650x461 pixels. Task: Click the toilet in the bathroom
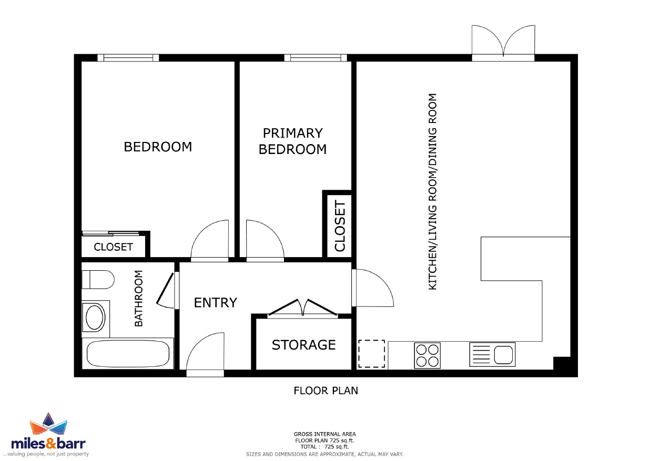[98, 280]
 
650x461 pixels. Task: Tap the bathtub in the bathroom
[128, 353]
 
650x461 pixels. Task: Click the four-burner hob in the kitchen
[427, 356]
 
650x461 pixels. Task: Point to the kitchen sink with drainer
[492, 354]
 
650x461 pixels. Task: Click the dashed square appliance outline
[371, 354]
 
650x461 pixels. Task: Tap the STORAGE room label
[303, 345]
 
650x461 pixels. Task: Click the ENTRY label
[215, 303]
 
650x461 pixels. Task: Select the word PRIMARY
[293, 133]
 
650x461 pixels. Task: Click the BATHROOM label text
[139, 298]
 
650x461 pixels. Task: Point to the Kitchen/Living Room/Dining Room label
[432, 191]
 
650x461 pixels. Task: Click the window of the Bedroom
[128, 58]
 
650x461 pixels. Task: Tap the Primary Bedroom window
[316, 58]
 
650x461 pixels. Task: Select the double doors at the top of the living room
[503, 43]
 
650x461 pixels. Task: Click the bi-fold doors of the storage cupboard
[303, 309]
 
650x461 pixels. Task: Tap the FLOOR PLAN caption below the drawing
[326, 391]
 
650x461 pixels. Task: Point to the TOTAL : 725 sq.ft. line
[324, 447]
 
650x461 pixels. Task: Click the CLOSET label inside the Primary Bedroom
[340, 226]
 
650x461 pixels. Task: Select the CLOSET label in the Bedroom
[113, 247]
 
